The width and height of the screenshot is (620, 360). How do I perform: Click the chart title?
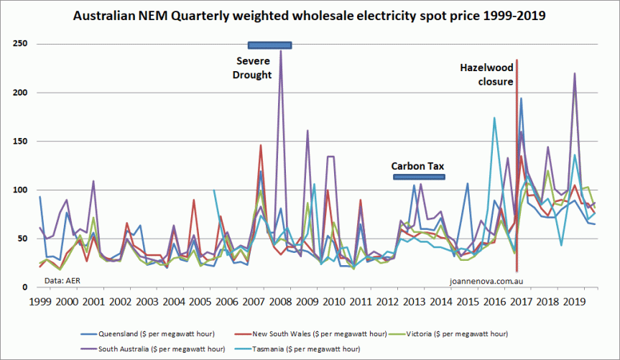coord(310,15)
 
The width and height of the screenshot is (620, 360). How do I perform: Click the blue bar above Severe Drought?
coord(269,45)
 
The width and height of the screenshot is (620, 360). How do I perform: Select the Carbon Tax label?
coord(417,166)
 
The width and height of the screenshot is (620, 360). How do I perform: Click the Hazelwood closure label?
coord(486,75)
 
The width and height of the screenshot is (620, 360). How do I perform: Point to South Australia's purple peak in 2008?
coord(280,52)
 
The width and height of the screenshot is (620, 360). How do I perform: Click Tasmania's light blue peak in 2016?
coord(494,118)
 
